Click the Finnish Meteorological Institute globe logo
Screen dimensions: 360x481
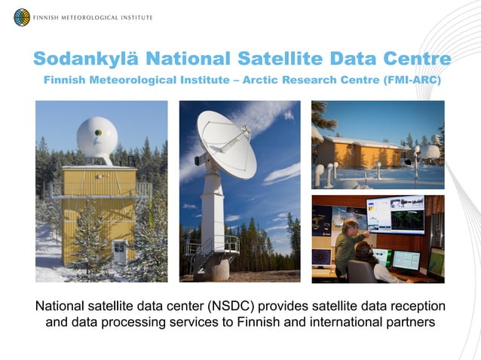(x=22, y=17)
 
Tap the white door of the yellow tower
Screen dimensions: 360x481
(x=119, y=251)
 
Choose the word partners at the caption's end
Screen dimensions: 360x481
(x=406, y=325)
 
